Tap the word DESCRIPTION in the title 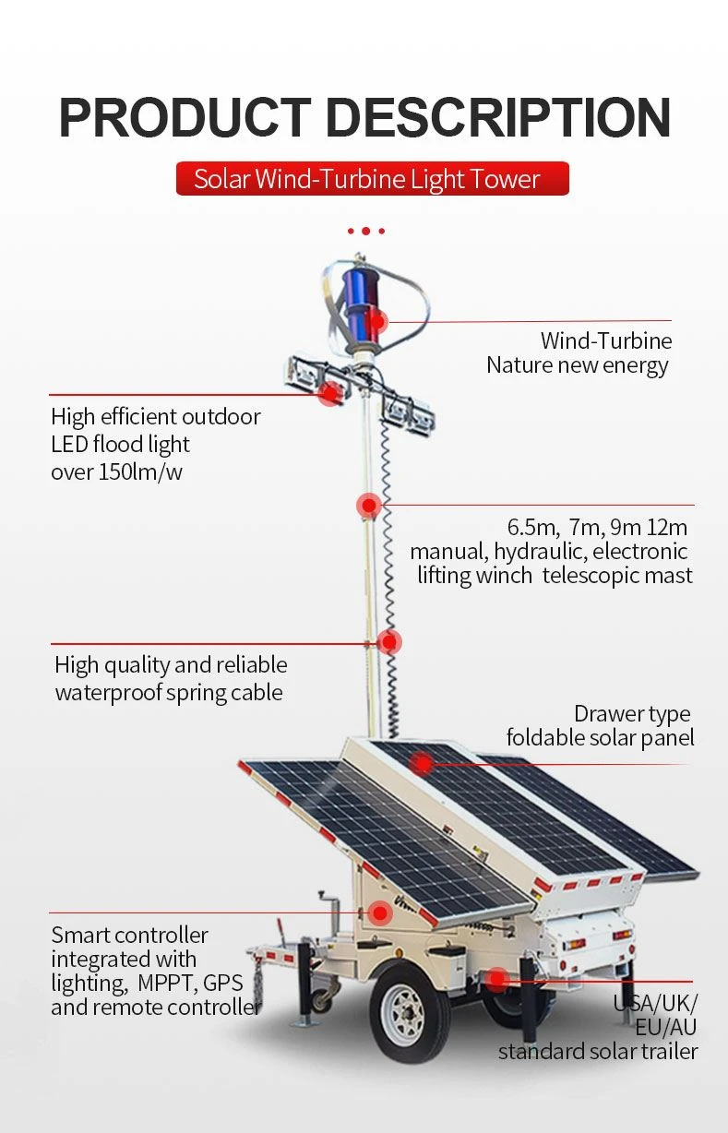tap(498, 117)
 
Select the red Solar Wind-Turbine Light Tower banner tap(373, 179)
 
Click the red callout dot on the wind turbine tap(376, 321)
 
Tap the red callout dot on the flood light tap(331, 394)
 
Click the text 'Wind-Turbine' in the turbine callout tap(606, 340)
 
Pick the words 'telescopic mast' tap(617, 576)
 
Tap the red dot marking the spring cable tap(389, 642)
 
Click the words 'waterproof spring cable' tap(169, 692)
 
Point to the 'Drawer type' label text tap(632, 714)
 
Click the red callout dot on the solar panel tap(423, 764)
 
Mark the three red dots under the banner tap(365, 232)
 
